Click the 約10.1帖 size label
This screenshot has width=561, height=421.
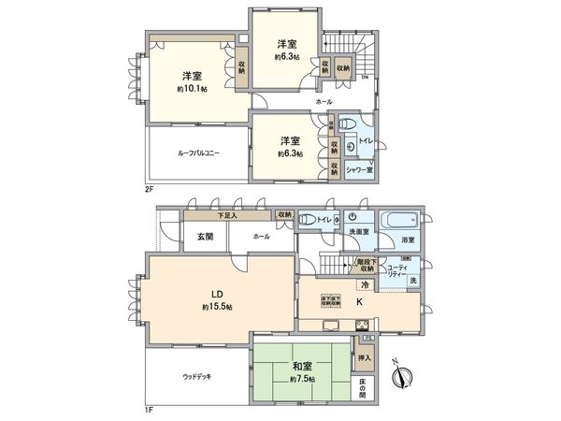point(191,89)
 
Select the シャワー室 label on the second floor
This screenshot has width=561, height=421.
point(358,169)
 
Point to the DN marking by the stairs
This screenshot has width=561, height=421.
point(364,77)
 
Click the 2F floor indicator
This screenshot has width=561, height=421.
point(150,189)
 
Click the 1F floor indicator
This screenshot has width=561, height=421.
point(150,410)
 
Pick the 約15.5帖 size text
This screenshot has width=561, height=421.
point(216,307)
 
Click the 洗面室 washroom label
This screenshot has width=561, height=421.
point(359,232)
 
